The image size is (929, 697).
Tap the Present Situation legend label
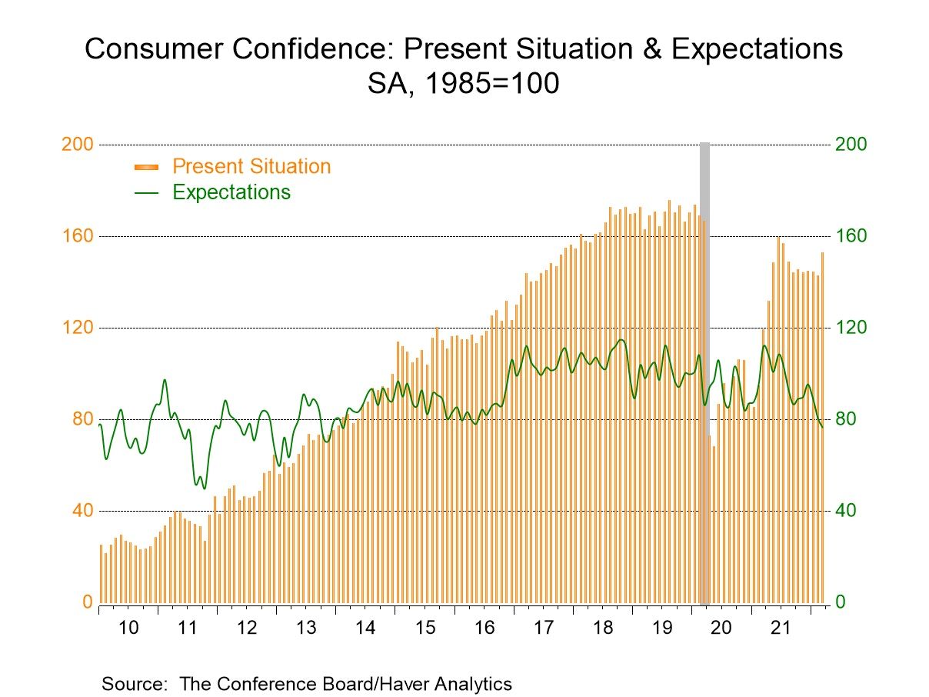point(251,166)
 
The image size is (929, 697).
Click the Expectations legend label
point(231,192)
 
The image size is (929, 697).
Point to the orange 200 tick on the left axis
point(76,145)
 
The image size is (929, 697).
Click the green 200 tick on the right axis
point(851,145)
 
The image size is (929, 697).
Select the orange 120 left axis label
point(76,328)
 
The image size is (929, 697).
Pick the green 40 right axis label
point(846,511)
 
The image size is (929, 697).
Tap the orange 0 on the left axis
point(87,602)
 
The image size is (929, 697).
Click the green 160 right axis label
point(851,236)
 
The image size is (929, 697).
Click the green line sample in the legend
point(145,192)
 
